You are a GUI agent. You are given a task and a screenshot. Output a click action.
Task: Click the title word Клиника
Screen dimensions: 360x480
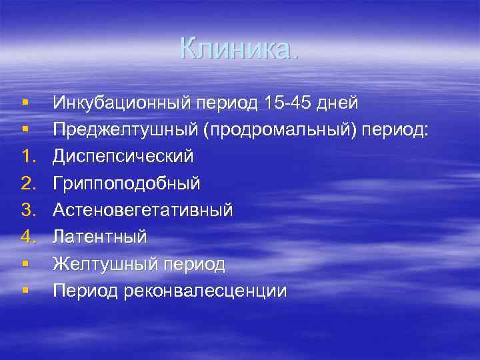click(239, 48)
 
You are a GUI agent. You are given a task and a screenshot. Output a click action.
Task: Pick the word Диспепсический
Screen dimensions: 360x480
click(123, 157)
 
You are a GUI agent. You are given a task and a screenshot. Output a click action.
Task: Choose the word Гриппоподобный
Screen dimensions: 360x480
click(126, 183)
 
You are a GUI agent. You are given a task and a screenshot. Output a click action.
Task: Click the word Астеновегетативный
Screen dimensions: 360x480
click(143, 211)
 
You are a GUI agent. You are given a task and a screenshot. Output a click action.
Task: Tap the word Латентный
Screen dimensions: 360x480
click(100, 237)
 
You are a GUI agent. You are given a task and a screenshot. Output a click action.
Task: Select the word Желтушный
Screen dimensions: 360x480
click(105, 265)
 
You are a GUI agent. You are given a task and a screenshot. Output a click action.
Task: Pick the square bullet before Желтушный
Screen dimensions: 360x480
click(24, 264)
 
